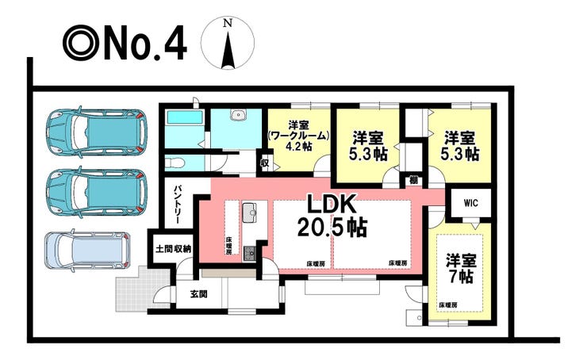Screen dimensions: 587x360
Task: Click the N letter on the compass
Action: pyautogui.click(x=227, y=24)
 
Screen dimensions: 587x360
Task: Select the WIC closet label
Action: pyautogui.click(x=470, y=203)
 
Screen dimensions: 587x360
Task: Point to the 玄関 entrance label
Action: pyautogui.click(x=199, y=294)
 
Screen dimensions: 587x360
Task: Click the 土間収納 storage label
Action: pyautogui.click(x=174, y=249)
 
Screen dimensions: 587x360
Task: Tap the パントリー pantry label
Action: pyautogui.click(x=177, y=205)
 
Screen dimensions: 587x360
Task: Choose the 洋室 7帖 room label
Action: pyautogui.click(x=461, y=269)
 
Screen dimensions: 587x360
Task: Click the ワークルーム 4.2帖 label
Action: pyautogui.click(x=299, y=136)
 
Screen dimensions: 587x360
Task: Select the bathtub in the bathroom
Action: pyautogui.click(x=185, y=118)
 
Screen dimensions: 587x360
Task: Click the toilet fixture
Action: pyautogui.click(x=175, y=163)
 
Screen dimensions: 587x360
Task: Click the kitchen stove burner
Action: pyautogui.click(x=249, y=253)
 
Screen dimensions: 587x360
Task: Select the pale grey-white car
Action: pyautogui.click(x=87, y=250)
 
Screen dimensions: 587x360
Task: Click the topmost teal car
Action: pyautogui.click(x=96, y=131)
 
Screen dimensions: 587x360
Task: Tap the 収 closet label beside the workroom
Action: pyautogui.click(x=265, y=163)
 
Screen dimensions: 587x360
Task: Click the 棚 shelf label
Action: pyautogui.click(x=413, y=180)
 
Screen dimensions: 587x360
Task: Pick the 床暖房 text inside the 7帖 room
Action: pyautogui.click(x=447, y=305)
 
